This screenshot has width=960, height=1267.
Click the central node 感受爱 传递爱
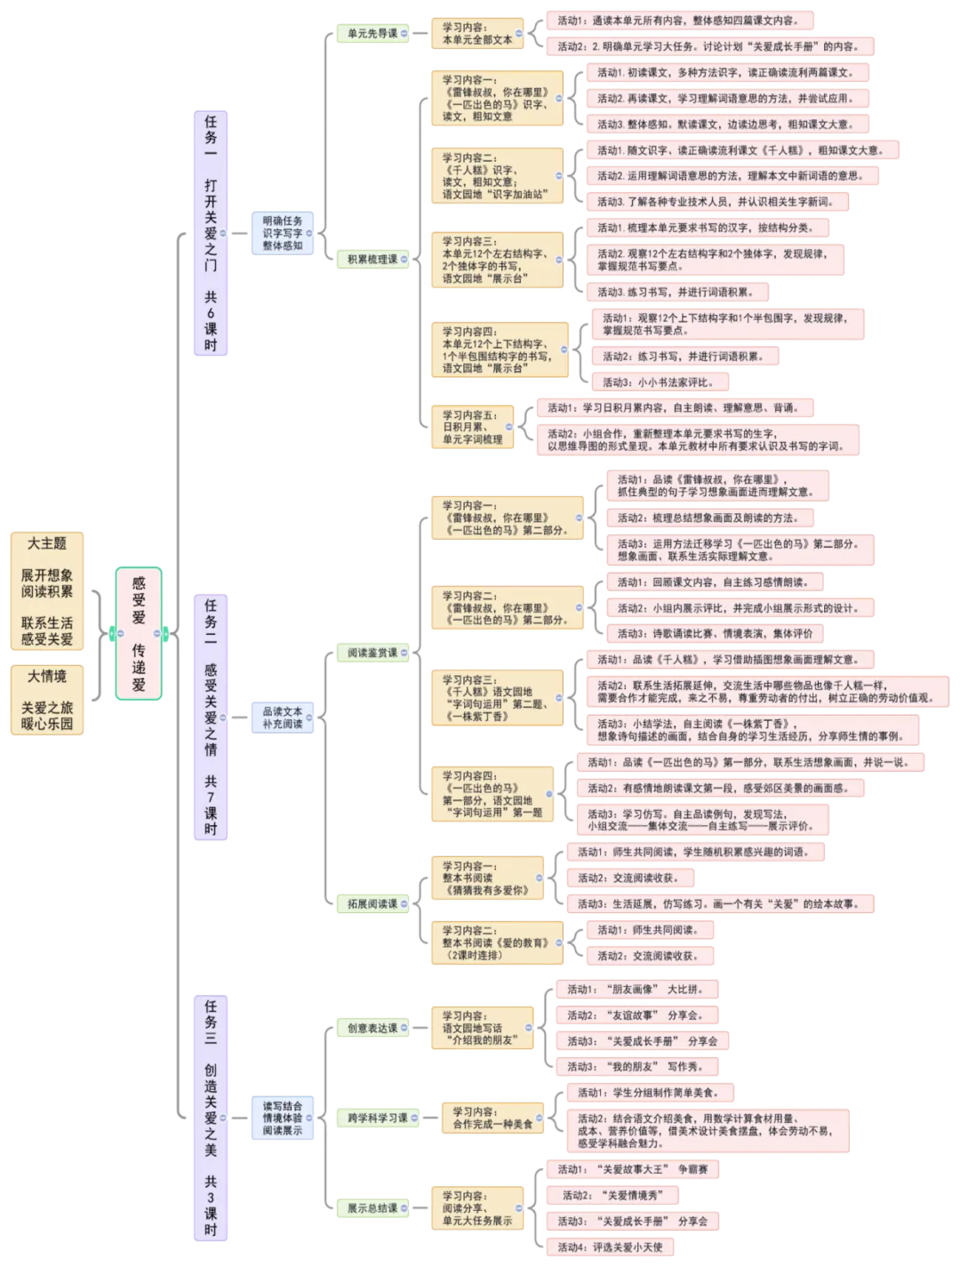click(139, 632)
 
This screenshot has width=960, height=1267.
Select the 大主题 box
click(47, 591)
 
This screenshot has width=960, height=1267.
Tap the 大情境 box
click(47, 700)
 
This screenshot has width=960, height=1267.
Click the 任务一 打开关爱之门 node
click(211, 234)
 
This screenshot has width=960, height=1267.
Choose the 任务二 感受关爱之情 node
click(211, 717)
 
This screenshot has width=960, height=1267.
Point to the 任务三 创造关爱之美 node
click(211, 1118)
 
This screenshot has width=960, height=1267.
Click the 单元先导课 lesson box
click(367, 33)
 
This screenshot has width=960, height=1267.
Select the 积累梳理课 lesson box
click(367, 260)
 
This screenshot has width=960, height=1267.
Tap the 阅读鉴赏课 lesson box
click(367, 653)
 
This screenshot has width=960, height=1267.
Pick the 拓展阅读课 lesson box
click(367, 903)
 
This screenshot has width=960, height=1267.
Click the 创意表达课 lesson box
click(367, 1028)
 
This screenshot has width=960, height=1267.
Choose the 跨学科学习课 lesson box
click(372, 1118)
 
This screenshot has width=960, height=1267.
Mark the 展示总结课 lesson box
click(367, 1208)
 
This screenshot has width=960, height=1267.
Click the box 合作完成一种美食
click(492, 1118)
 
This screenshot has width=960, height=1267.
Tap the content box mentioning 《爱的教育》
click(496, 942)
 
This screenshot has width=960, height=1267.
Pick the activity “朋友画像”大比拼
click(634, 989)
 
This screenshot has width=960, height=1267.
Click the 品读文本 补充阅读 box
click(282, 718)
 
